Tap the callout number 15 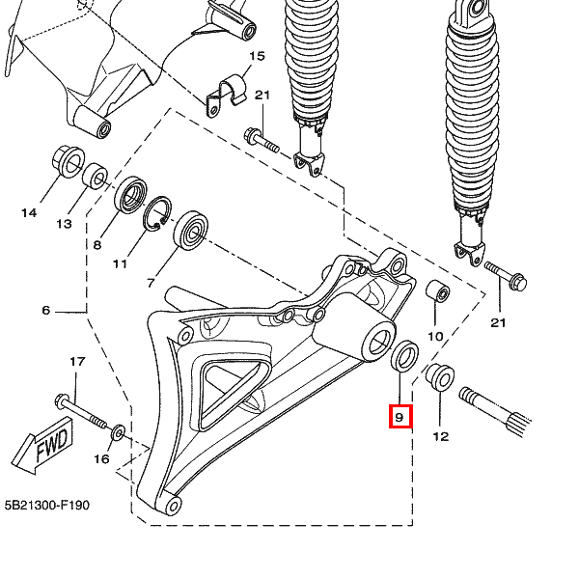click(x=256, y=57)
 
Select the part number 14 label click(x=29, y=212)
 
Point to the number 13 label click(x=64, y=224)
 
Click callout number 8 click(x=96, y=245)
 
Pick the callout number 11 click(x=120, y=263)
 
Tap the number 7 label click(x=151, y=283)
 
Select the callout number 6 click(x=45, y=311)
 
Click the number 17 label click(x=77, y=361)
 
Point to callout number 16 click(x=101, y=459)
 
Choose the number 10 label click(x=435, y=336)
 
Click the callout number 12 click(x=440, y=436)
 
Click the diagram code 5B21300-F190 click(x=46, y=505)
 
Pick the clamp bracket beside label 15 click(x=227, y=93)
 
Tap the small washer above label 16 click(x=118, y=431)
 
